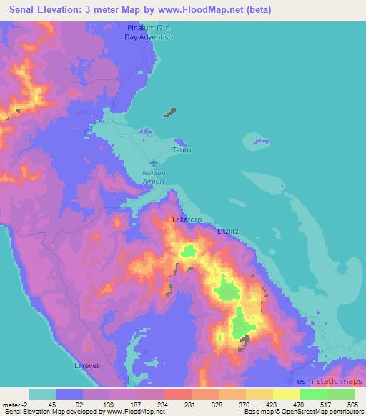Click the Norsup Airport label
click(x=153, y=177)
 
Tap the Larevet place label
click(x=86, y=365)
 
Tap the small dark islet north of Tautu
click(x=170, y=112)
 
